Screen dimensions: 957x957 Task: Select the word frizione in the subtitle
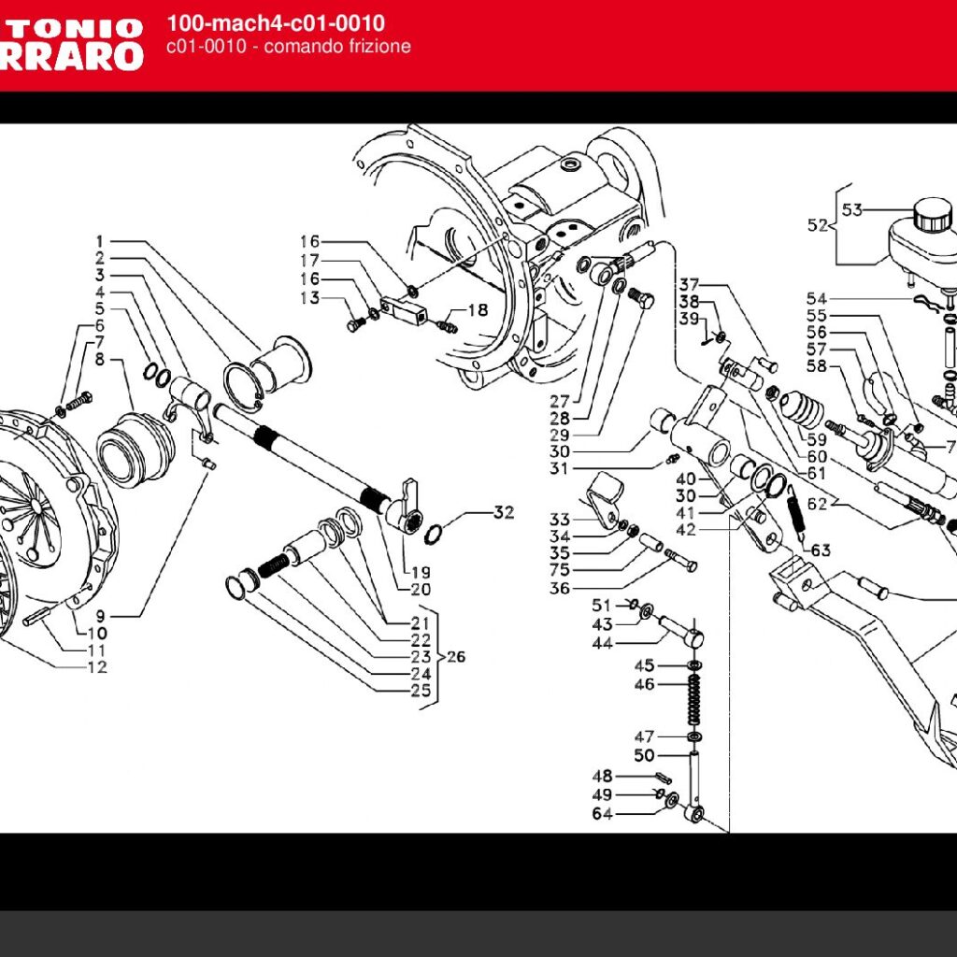(x=377, y=47)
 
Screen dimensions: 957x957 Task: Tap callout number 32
(x=504, y=512)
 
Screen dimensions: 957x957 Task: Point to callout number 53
(x=851, y=209)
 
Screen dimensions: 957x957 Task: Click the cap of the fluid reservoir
(x=932, y=214)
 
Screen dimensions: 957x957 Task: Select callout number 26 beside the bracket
(x=455, y=657)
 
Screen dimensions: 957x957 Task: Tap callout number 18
(x=478, y=309)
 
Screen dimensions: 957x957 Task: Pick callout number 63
(x=821, y=550)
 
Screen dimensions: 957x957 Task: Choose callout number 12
(x=97, y=667)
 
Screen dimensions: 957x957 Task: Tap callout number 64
(x=602, y=814)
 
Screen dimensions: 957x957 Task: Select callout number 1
(x=100, y=240)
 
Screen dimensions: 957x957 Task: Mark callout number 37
(x=690, y=284)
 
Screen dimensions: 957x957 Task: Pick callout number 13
(x=309, y=298)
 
